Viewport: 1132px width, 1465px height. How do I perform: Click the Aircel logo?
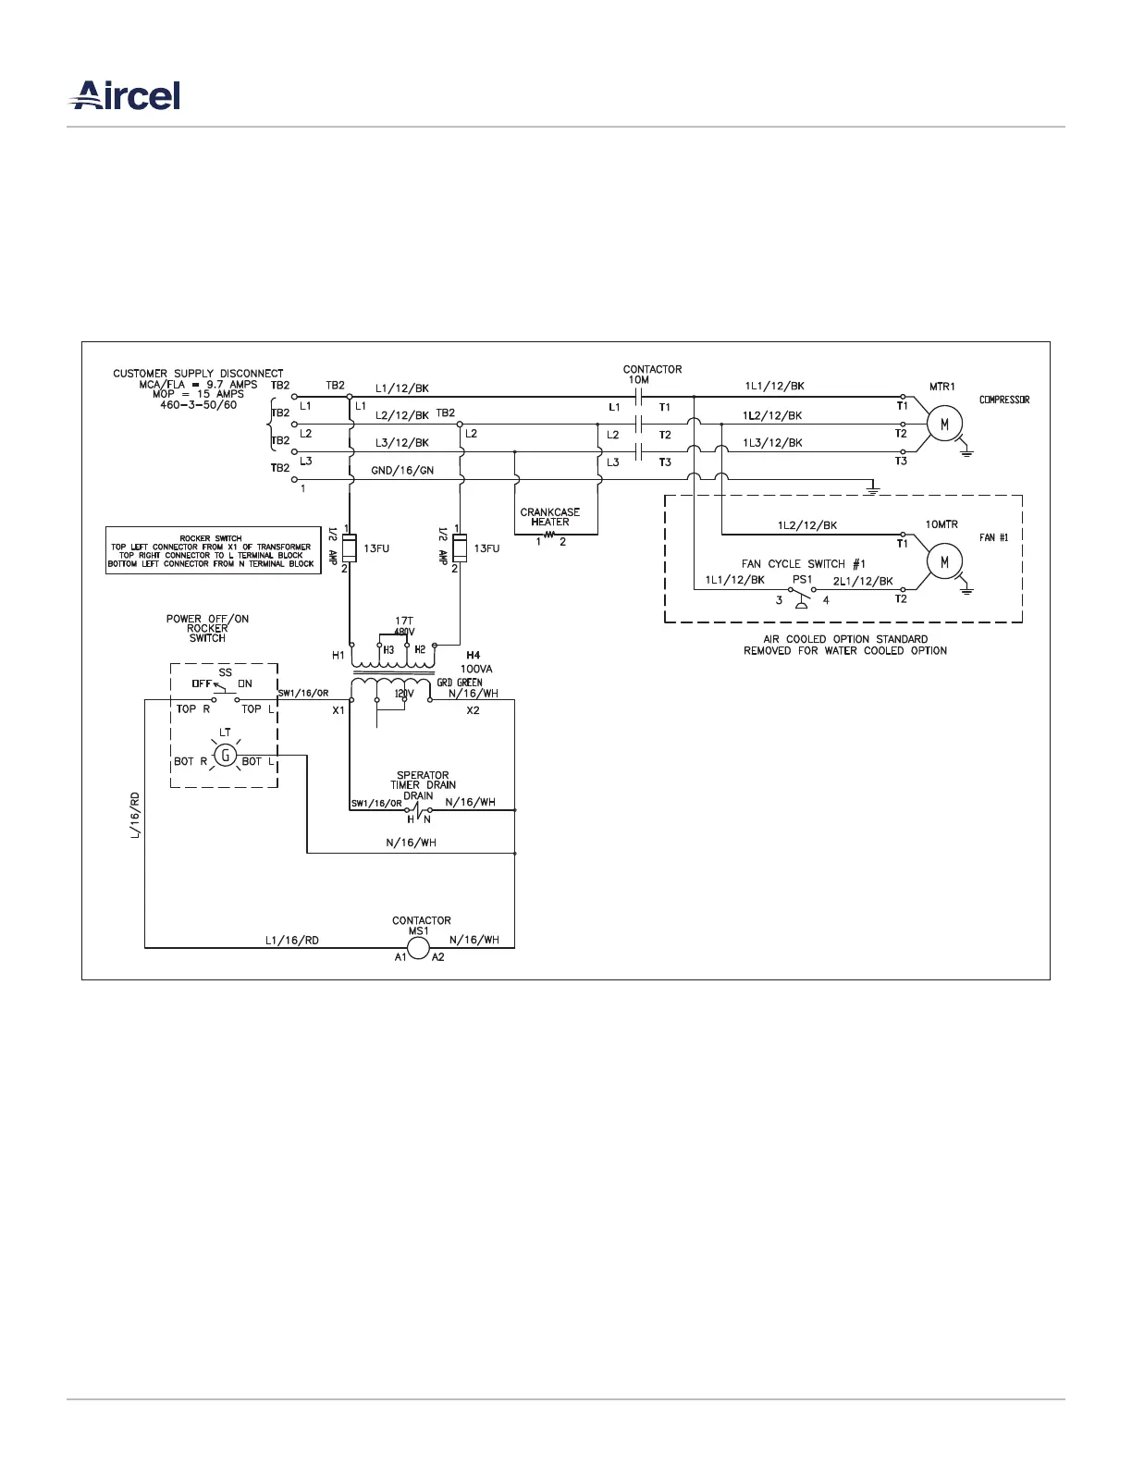(127, 96)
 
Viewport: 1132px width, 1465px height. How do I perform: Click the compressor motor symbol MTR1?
(944, 425)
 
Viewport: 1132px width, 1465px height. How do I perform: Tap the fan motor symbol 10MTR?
(944, 561)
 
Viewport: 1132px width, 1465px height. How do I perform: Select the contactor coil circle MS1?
(418, 948)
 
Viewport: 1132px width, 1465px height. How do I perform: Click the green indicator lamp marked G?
(225, 756)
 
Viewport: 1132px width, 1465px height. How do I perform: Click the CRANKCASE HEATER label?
(550, 517)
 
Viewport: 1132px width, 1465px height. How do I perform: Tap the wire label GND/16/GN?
(402, 471)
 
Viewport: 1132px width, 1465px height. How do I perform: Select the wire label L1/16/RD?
(291, 941)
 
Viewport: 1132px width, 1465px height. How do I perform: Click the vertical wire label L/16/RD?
(135, 815)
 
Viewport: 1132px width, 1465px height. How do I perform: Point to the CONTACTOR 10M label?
(652, 375)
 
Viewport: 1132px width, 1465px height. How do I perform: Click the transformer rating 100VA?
(476, 668)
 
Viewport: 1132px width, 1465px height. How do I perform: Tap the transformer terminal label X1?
(338, 710)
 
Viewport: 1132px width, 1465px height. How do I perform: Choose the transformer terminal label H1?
(338, 656)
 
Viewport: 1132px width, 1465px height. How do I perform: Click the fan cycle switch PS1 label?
(802, 580)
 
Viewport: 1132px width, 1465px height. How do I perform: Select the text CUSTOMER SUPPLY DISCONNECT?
(198, 374)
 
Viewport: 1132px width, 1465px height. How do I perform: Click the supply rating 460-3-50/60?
(198, 405)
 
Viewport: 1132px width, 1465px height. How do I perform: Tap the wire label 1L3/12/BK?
(772, 443)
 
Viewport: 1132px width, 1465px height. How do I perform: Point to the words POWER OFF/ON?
(207, 619)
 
